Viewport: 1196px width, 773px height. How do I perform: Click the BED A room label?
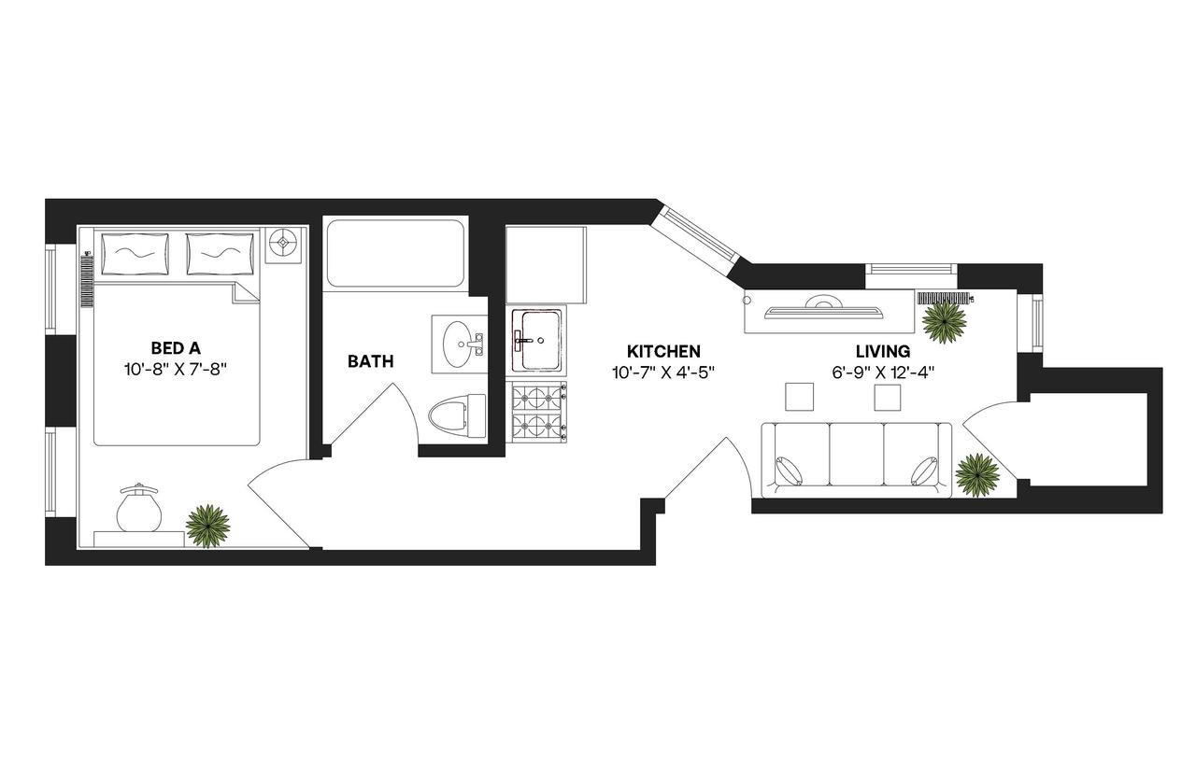[176, 349]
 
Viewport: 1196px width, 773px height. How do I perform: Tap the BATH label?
[370, 361]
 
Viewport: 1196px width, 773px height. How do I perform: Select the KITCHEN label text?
[663, 352]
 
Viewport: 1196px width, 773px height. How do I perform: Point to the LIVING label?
[883, 352]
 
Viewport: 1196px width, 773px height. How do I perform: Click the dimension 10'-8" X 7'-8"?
[176, 369]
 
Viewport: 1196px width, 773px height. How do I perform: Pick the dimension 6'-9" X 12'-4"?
[883, 371]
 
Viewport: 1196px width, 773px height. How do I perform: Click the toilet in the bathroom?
[458, 415]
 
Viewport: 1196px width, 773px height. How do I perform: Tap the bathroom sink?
[458, 344]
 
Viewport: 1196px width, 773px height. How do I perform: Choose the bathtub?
[394, 254]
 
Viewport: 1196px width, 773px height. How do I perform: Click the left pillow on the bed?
[135, 252]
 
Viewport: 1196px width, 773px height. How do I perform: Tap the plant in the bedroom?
[208, 526]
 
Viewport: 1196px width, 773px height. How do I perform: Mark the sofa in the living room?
[856, 456]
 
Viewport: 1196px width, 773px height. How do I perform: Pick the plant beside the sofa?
[977, 473]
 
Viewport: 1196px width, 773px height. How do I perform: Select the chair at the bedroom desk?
[139, 509]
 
